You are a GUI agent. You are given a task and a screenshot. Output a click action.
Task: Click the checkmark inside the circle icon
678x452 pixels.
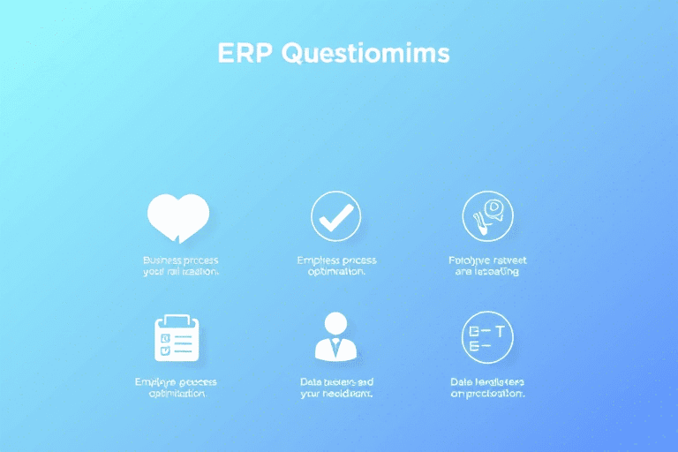click(335, 216)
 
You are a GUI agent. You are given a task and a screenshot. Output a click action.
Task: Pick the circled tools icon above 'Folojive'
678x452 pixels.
click(487, 216)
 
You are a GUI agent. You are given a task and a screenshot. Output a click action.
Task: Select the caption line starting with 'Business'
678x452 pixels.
click(180, 260)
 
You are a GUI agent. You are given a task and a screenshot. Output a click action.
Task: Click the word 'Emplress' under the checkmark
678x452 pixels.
click(319, 260)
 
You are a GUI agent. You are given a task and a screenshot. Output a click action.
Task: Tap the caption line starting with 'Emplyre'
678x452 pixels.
click(176, 381)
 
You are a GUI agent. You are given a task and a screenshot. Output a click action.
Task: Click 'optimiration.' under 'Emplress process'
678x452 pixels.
click(336, 273)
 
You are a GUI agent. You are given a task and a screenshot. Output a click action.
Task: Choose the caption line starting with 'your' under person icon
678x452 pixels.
click(336, 394)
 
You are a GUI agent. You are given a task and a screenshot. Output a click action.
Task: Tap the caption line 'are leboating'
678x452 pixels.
click(487, 273)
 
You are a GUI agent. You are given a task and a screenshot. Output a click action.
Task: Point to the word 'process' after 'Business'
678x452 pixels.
click(200, 260)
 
